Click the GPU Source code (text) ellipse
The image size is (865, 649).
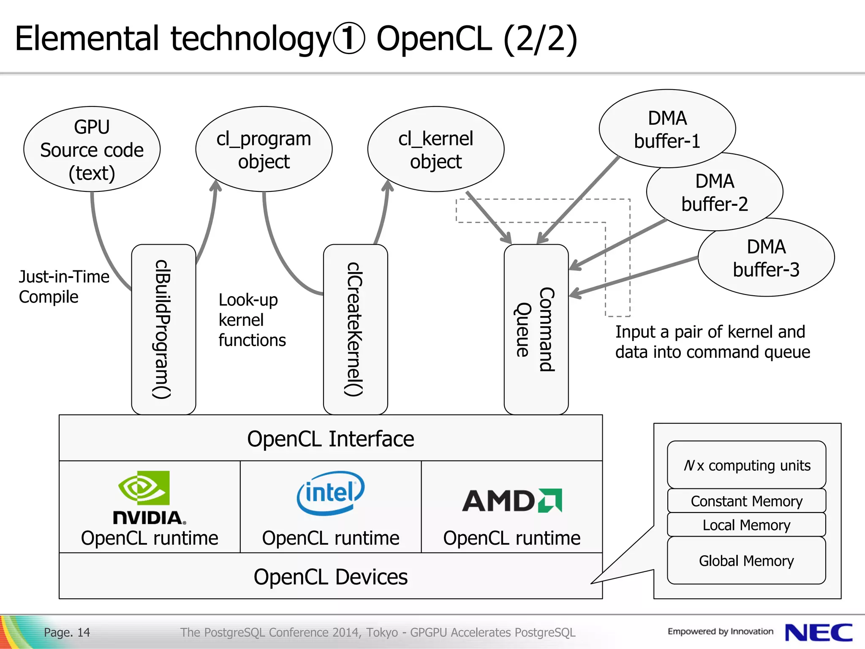[x=92, y=149]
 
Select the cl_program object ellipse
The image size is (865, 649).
[x=264, y=149]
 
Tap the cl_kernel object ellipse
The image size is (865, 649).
[x=436, y=149]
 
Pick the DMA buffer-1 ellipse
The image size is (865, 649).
[x=667, y=128]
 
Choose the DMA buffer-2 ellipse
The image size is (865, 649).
[x=715, y=192]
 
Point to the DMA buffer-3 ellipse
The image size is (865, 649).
[x=766, y=257]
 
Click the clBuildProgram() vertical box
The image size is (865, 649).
[x=164, y=330]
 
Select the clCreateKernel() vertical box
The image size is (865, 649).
[x=356, y=330]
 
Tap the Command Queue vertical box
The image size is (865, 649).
[x=536, y=330]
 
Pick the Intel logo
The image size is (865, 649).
[x=331, y=493]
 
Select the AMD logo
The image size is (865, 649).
[x=512, y=501]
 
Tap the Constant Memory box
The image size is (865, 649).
[x=746, y=501]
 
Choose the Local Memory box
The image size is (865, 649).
[x=746, y=525]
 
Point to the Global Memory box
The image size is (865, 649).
[x=746, y=561]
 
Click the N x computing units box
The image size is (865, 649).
[x=746, y=465]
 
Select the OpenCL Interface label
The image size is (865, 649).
[x=331, y=439]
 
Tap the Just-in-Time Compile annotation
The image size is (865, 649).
[x=64, y=286]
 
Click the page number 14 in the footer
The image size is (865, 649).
[x=84, y=632]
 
